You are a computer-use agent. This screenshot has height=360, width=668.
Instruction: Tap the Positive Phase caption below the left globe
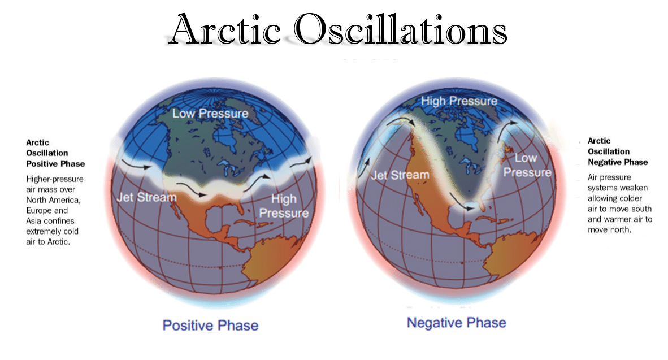pyautogui.click(x=210, y=326)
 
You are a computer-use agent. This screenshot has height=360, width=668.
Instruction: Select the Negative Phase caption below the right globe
pyautogui.click(x=457, y=323)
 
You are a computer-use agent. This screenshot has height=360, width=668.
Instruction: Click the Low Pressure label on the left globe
pyautogui.click(x=210, y=114)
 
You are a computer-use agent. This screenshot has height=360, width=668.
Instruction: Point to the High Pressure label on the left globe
pyautogui.click(x=284, y=206)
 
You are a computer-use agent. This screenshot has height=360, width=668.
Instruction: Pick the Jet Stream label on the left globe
pyautogui.click(x=146, y=197)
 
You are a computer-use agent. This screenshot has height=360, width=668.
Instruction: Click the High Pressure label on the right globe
pyautogui.click(x=459, y=101)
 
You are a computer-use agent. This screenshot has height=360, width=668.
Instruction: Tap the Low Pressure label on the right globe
pyautogui.click(x=527, y=165)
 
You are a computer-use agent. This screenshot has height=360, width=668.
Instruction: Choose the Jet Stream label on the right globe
pyautogui.click(x=400, y=175)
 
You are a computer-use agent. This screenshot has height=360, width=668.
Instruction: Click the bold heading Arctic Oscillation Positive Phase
pyautogui.click(x=55, y=153)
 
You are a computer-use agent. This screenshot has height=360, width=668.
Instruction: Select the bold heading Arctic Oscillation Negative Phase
pyautogui.click(x=618, y=151)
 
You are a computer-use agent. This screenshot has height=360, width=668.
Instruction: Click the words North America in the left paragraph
pyautogui.click(x=53, y=200)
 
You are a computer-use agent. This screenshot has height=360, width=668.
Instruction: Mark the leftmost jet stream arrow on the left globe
pyautogui.click(x=136, y=164)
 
